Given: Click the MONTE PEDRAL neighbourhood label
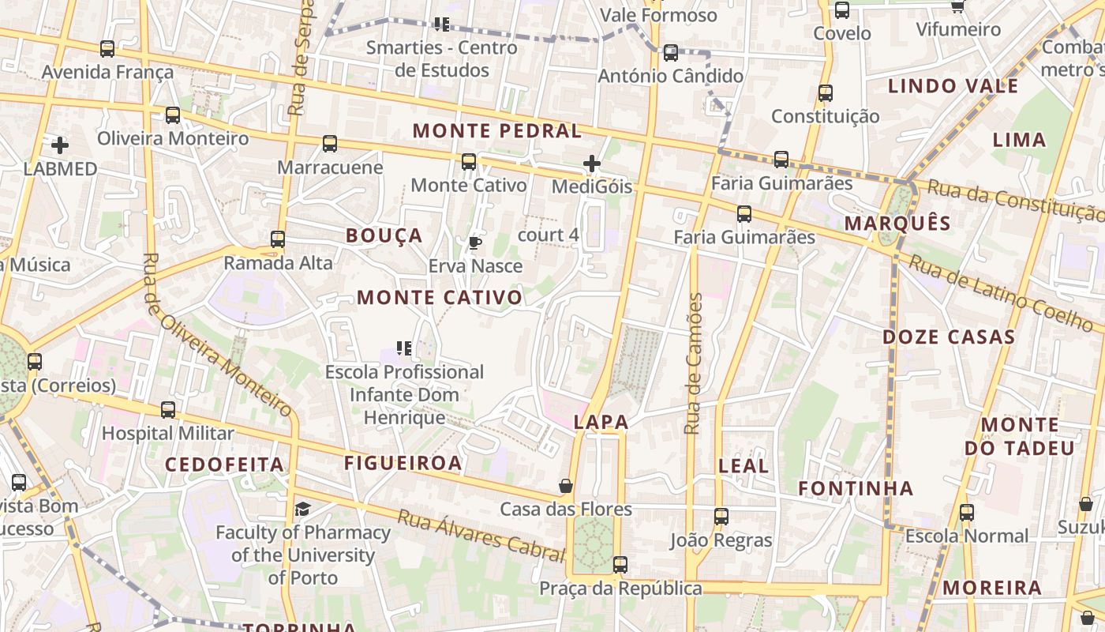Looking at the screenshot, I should click(497, 131).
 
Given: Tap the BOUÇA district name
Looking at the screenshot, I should click(384, 235).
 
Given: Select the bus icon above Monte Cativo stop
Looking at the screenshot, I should click(469, 162).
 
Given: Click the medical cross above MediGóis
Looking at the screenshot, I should click(592, 164).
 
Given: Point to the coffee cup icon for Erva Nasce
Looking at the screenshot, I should click(474, 243).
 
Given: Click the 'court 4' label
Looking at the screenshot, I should click(549, 235).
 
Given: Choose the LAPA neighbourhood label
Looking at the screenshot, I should click(601, 422).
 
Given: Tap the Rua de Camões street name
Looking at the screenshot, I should click(693, 363).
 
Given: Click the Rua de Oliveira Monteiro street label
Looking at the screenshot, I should click(216, 335).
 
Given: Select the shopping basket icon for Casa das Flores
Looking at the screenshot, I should click(566, 485).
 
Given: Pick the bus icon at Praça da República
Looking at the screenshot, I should click(620, 565).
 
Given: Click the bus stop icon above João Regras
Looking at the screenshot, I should click(721, 517).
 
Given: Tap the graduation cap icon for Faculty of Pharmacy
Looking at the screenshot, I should click(303, 509).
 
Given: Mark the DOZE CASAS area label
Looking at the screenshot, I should click(949, 337).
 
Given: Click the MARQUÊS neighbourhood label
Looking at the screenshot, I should click(898, 224).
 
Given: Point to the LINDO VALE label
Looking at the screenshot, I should click(953, 86).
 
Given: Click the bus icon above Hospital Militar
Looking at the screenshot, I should click(168, 410).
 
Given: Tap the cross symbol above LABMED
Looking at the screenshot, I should click(60, 145).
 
